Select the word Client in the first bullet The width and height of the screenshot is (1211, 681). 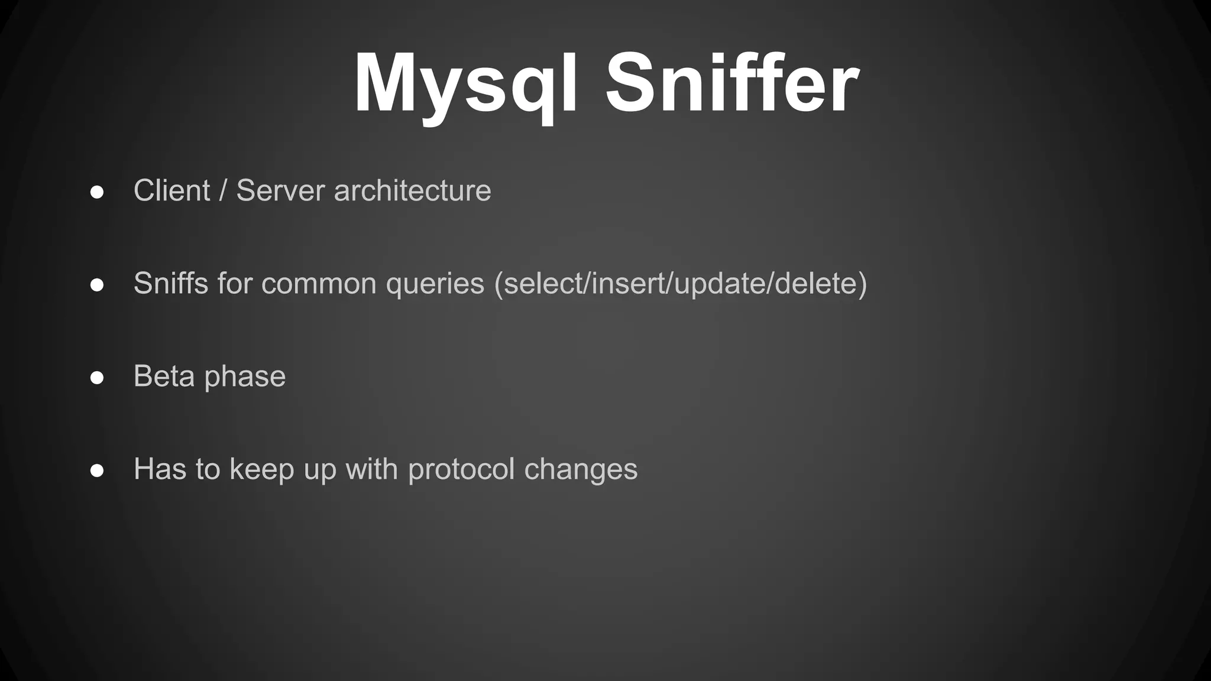(171, 191)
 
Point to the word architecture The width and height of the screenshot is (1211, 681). (412, 191)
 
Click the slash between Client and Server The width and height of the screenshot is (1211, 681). (223, 191)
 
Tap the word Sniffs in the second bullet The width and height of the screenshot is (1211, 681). (171, 283)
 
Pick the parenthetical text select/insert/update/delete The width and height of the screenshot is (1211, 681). (681, 283)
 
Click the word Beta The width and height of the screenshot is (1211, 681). (164, 377)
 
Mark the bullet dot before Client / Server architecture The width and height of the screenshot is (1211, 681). (98, 193)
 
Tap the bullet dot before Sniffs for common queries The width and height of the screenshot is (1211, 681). (98, 286)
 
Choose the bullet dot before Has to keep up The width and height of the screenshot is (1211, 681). (98, 471)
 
